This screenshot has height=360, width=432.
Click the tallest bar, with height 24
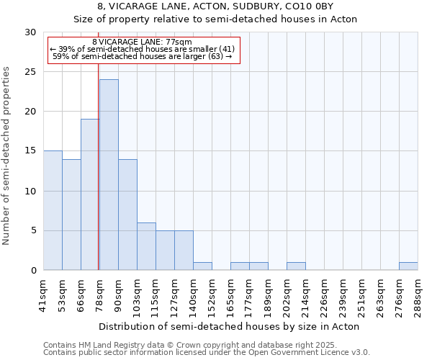[109, 175]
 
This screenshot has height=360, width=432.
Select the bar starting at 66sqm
[90, 194]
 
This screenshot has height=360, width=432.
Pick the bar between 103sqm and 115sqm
[146, 246]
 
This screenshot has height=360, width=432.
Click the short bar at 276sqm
[408, 266]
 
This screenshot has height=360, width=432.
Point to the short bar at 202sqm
[296, 266]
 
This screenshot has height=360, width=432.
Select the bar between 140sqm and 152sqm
[202, 266]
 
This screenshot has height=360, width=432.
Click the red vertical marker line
[98, 166]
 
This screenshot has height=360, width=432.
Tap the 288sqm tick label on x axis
[418, 294]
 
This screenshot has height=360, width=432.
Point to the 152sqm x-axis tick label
[212, 294]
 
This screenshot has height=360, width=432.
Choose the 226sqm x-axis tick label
[324, 294]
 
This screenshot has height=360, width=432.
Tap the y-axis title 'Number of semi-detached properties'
[7, 156]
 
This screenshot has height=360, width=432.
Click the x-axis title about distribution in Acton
[230, 326]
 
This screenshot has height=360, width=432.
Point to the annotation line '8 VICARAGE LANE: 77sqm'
[143, 42]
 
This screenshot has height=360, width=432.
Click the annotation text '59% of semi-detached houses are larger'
[143, 55]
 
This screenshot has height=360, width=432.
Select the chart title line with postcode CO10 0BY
[216, 6]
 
